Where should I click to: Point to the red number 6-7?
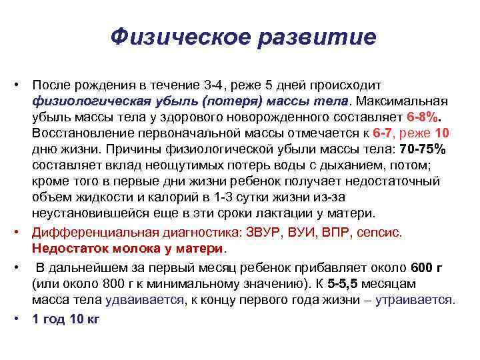point(384,132)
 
